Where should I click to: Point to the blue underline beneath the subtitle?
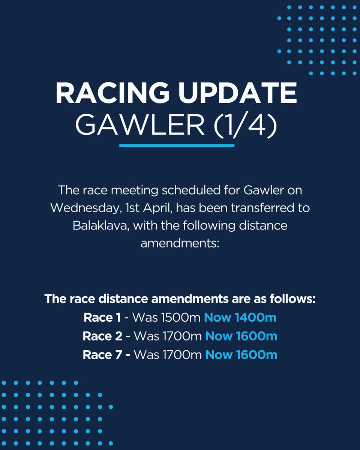177,145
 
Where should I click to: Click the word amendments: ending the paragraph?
180,244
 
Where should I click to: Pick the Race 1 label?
102,318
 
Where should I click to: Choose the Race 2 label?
102,336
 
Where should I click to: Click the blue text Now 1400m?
240,318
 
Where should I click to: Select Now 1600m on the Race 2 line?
241,336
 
